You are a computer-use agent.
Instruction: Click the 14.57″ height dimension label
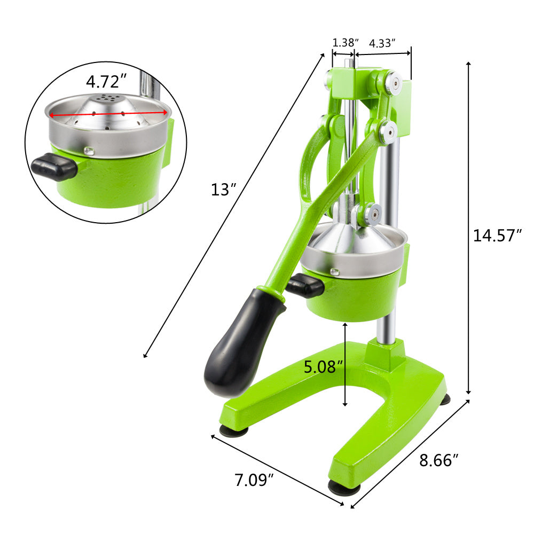click(x=497, y=235)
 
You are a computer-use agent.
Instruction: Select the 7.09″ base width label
click(x=254, y=480)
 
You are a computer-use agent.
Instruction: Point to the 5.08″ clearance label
click(x=323, y=367)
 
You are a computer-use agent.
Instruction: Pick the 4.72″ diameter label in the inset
click(x=107, y=82)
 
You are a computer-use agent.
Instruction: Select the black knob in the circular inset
click(x=54, y=167)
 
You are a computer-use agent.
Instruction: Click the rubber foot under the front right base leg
click(x=343, y=487)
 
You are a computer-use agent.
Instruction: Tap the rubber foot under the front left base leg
click(x=234, y=430)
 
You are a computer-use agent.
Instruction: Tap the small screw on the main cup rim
click(x=335, y=272)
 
